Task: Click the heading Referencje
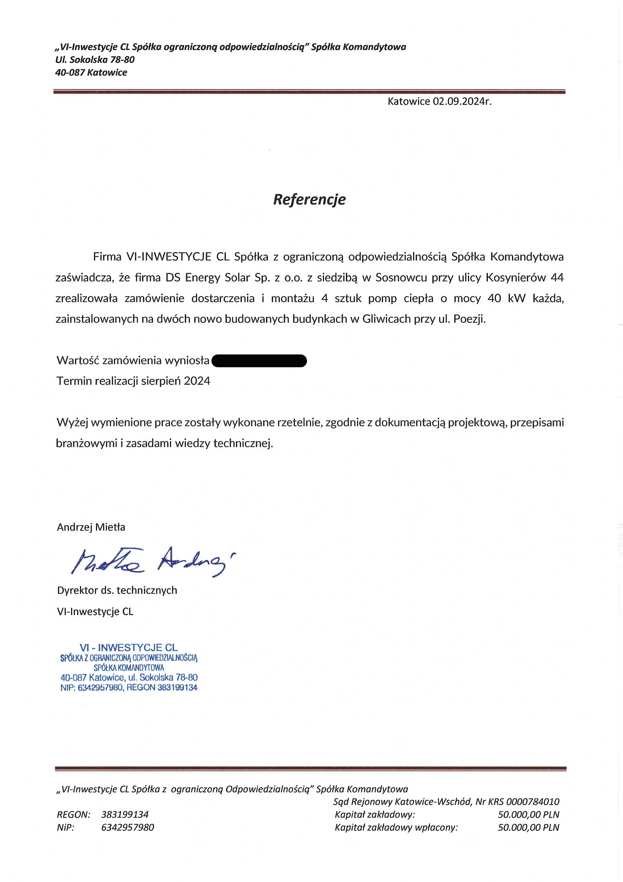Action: click(x=309, y=199)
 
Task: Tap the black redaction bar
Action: click(x=259, y=361)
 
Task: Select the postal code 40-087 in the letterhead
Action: click(x=70, y=73)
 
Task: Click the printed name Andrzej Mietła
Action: click(x=91, y=527)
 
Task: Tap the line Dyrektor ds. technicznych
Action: click(x=117, y=590)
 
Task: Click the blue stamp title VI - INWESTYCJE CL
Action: click(x=129, y=648)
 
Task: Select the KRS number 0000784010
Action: click(x=533, y=802)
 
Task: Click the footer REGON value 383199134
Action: click(x=125, y=814)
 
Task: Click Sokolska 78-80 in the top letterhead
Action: click(x=102, y=59)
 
